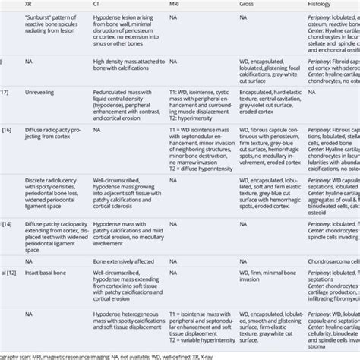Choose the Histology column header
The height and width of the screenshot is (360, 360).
click(322, 4)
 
